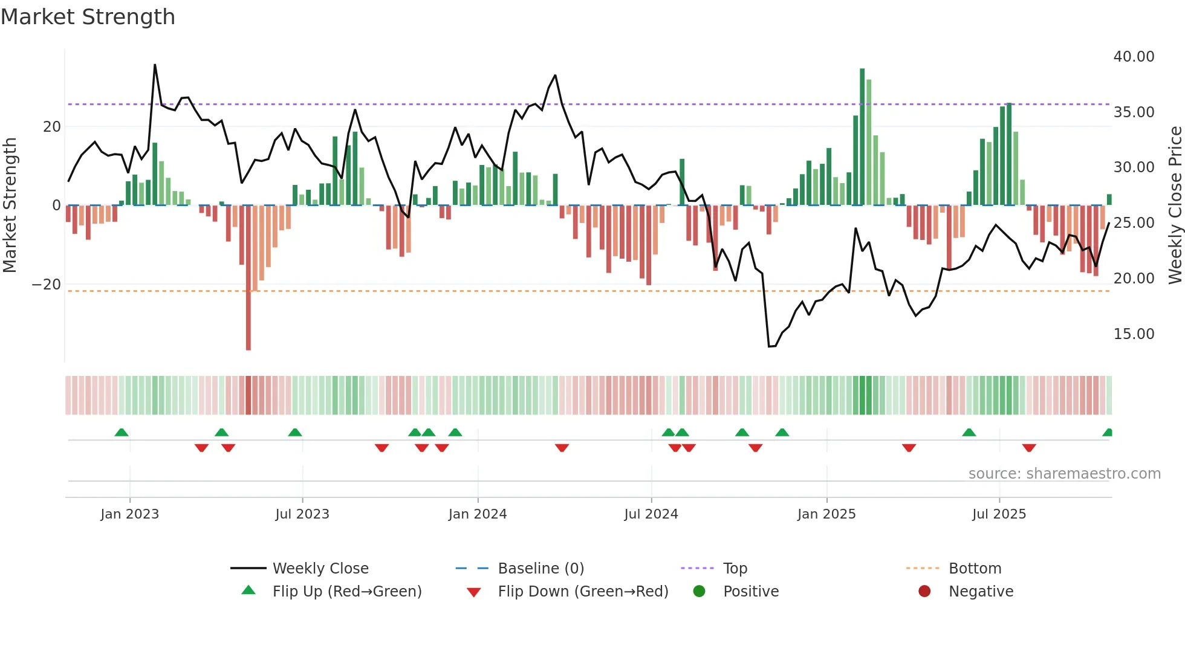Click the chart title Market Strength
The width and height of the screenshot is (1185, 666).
point(88,17)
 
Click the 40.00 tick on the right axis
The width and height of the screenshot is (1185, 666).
point(1134,57)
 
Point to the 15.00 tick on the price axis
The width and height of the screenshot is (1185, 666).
point(1134,334)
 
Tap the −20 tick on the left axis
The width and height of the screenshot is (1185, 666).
point(47,285)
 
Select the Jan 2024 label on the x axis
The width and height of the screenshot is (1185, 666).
point(477,514)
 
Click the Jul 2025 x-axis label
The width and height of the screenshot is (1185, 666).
point(999,514)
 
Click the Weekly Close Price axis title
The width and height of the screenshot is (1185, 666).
point(1175,205)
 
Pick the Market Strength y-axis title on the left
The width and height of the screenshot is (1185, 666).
point(10,205)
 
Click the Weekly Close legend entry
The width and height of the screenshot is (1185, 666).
point(320,569)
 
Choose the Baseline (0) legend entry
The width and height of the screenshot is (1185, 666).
point(541,569)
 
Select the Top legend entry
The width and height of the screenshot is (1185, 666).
point(735,569)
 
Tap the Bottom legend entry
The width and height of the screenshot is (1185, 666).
point(975,569)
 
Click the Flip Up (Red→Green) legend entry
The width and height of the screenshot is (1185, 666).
point(346,592)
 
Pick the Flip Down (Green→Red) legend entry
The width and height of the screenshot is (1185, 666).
point(583,592)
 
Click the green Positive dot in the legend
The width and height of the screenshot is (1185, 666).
point(700,592)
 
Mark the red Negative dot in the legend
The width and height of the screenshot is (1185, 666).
point(924,592)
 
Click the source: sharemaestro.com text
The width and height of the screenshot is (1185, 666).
point(1064,474)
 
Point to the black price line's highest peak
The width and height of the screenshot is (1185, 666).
point(155,65)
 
